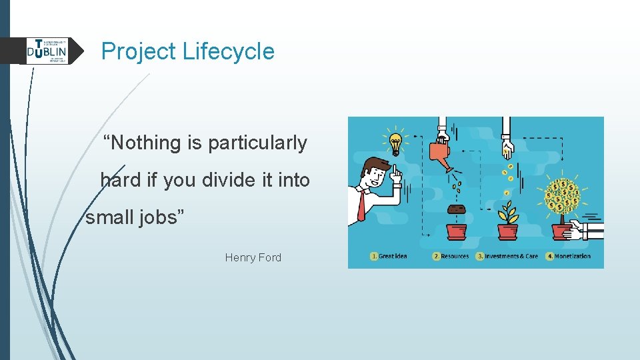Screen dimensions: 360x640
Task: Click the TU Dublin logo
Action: [x=47, y=51]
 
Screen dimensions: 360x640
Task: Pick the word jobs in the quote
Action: [x=160, y=217]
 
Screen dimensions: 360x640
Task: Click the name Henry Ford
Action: [x=253, y=257]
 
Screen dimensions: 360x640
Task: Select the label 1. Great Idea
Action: [x=389, y=256]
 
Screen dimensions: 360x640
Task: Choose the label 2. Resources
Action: [x=451, y=256]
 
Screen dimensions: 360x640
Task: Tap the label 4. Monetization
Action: [x=568, y=256]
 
